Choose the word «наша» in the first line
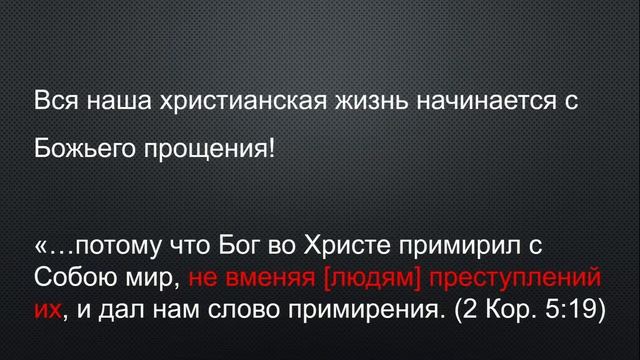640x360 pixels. tap(109, 103)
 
